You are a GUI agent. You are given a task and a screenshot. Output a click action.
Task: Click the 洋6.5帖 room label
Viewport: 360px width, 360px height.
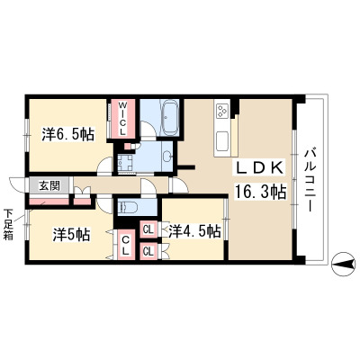tap(68, 135)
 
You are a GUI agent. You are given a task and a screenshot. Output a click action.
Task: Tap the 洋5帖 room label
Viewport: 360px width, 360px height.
tap(71, 234)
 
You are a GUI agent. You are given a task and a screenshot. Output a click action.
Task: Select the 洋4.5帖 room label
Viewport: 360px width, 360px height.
tap(194, 231)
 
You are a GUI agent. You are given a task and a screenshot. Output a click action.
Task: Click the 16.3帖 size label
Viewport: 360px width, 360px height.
tap(260, 192)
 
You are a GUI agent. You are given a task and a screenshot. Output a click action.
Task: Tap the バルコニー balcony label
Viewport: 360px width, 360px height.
tap(310, 180)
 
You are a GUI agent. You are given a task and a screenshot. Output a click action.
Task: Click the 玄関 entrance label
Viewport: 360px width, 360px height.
tap(49, 186)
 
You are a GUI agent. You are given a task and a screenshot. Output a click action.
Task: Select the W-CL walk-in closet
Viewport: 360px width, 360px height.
tap(123, 119)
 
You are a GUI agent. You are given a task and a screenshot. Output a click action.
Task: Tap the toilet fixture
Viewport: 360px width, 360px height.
tap(128, 207)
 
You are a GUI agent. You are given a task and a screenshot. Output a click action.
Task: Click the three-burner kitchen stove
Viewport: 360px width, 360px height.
tap(222, 110)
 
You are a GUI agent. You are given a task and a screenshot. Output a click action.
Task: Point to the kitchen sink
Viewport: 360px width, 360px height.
tap(222, 142)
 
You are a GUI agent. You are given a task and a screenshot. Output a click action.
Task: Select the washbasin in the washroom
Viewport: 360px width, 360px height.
tap(167, 156)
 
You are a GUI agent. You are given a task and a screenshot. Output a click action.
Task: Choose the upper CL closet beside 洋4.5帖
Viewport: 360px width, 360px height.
tap(148, 229)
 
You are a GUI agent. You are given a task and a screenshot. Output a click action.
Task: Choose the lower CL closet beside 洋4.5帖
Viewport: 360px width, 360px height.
tap(148, 251)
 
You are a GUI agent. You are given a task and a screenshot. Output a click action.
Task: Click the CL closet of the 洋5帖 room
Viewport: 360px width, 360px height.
tap(126, 244)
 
